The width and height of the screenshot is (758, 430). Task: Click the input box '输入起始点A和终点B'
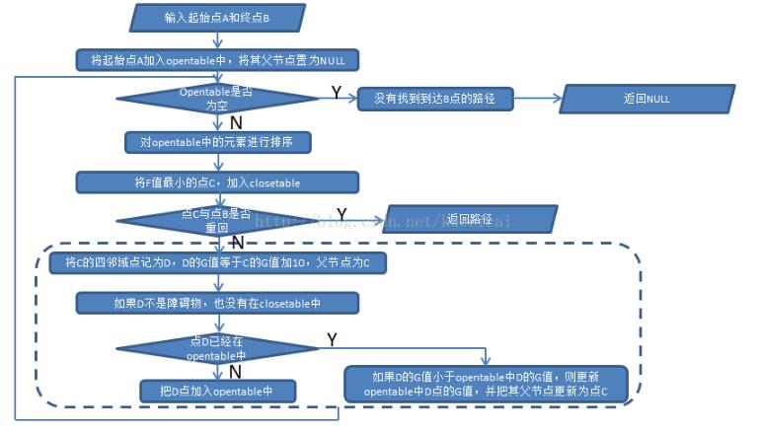pos(216,17)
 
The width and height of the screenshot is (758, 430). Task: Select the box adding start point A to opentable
pos(217,60)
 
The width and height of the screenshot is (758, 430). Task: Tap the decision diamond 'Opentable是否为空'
pos(217,98)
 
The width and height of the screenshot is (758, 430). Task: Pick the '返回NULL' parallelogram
pos(647,99)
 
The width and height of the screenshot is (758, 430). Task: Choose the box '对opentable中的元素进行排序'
pos(218,142)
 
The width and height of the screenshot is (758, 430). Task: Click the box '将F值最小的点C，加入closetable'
pos(217,182)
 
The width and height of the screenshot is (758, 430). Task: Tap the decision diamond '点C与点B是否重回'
pos(217,220)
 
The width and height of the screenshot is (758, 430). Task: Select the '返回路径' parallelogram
pos(470,219)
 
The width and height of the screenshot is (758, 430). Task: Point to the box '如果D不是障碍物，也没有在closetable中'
pos(217,303)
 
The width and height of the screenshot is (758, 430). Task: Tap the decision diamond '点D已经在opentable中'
pos(217,348)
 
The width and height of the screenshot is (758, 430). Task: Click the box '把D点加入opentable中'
pos(218,392)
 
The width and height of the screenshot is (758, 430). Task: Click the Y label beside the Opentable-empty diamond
pos(336,92)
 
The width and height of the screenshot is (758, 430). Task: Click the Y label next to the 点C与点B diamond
pos(341,213)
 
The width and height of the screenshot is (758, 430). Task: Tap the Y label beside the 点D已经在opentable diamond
pos(332,339)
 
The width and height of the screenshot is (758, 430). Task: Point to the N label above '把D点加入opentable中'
pos(236,371)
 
